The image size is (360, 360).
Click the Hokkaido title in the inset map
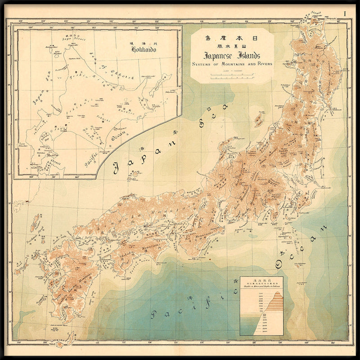[x=144, y=49]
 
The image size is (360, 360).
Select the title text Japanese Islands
[x=232, y=56]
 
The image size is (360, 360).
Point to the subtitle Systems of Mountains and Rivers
[x=232, y=64]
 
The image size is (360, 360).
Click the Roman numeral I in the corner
[x=346, y=13]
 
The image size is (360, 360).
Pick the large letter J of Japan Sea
[x=117, y=167]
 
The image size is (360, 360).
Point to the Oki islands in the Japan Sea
[x=134, y=175]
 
